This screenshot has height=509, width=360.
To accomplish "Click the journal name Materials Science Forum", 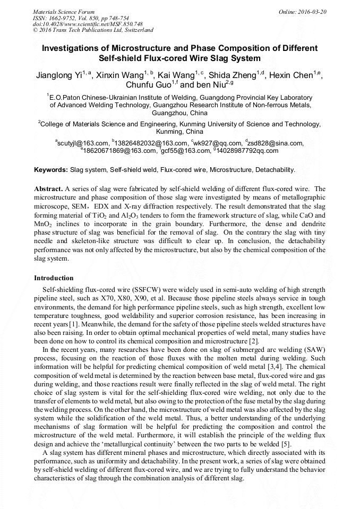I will click(64, 11).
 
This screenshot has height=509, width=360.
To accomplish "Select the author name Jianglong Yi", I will click(58, 75).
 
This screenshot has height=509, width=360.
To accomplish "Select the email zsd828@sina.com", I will click(275, 143).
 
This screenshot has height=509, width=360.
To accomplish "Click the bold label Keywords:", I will click(51, 170).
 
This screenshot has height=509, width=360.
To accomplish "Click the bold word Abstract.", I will click(48, 189).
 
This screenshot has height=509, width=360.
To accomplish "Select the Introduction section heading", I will click(54, 278).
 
